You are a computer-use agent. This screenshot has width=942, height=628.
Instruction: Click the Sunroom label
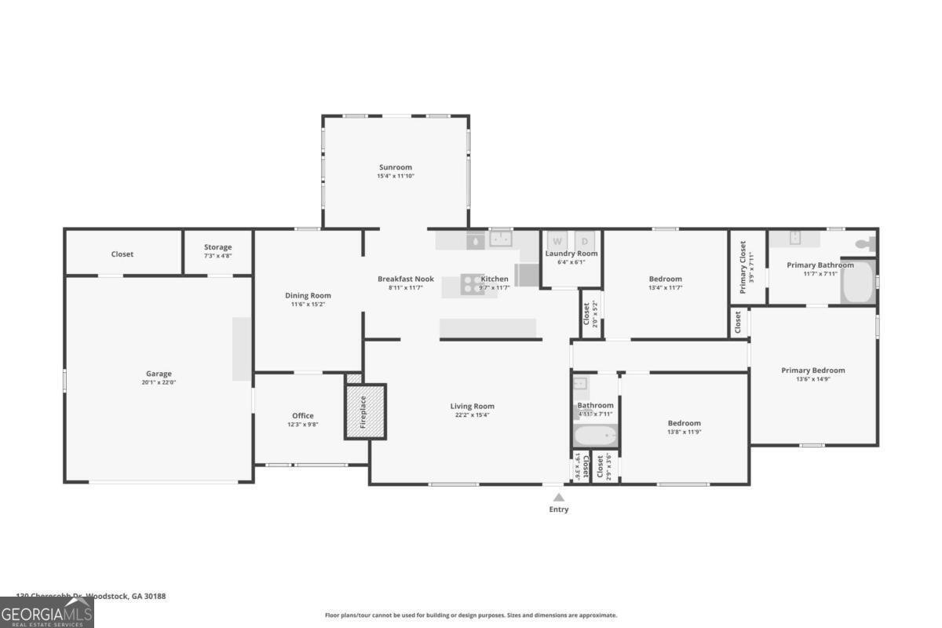coord(395,167)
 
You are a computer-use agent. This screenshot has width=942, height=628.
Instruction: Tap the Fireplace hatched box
coord(366,411)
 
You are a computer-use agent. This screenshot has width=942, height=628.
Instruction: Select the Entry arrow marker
coord(558,497)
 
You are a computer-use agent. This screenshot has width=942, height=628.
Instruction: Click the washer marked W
coord(557,241)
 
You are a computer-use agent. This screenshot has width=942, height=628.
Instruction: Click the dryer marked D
coord(585,241)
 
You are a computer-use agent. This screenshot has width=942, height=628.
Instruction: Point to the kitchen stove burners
coord(473,283)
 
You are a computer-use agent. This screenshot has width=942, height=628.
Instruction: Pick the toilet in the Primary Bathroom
coord(864,244)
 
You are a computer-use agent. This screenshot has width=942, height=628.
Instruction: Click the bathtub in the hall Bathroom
coord(595,436)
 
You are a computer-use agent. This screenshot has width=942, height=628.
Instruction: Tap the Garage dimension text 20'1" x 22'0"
coord(159,382)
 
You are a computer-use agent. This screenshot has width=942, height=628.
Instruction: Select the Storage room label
coord(217,247)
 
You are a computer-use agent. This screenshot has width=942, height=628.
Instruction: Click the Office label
coord(303,415)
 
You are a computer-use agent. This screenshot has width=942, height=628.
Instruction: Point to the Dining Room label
coord(308,295)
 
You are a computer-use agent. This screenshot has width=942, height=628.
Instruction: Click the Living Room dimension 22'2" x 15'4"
coord(472,415)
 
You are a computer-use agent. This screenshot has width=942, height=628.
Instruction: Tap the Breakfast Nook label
coord(405,279)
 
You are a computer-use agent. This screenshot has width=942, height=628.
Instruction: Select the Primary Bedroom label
coord(812,371)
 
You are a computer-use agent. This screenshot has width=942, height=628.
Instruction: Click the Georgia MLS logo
coord(46,612)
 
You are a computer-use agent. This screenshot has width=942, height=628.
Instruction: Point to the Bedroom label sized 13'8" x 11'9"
coord(684,423)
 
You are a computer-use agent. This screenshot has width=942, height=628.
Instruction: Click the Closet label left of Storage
coord(122,254)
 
